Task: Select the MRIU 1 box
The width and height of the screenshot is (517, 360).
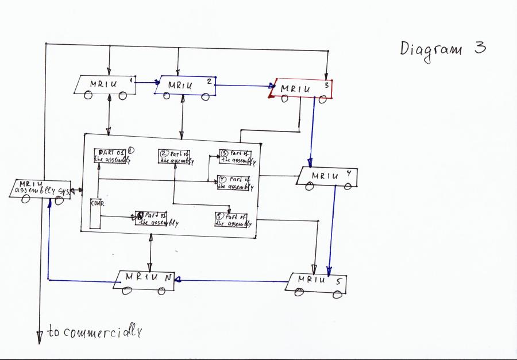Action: (106, 84)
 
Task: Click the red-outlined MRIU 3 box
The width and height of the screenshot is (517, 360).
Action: (302, 88)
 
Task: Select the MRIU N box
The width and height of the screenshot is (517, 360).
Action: (146, 280)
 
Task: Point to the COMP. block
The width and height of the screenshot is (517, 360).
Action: (95, 213)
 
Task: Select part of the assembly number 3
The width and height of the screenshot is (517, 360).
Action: (236, 157)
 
